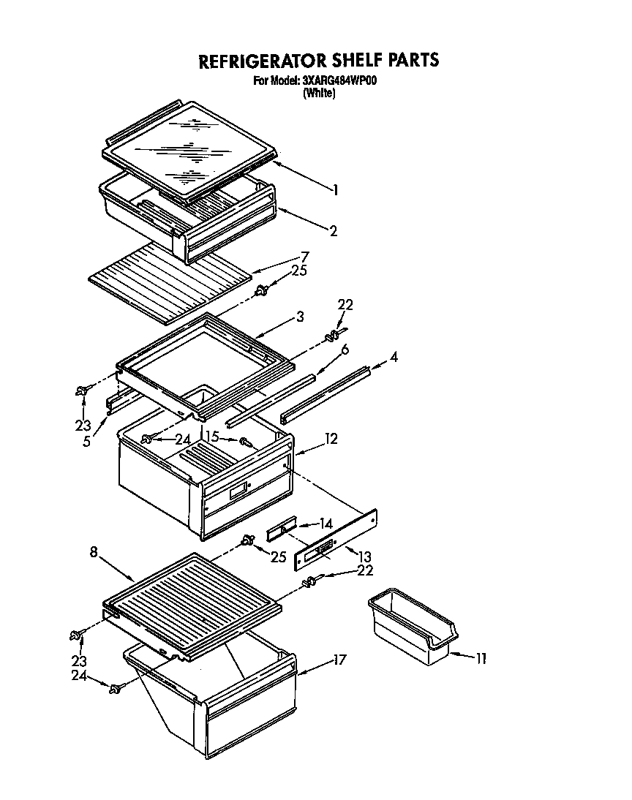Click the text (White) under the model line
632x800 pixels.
[x=319, y=93]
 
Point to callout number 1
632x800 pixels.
[x=335, y=190]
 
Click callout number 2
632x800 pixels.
[x=334, y=231]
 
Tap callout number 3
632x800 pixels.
[x=301, y=316]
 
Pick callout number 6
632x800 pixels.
[x=344, y=350]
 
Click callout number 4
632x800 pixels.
[x=394, y=358]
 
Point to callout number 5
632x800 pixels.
[x=86, y=442]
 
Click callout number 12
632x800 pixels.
[x=331, y=439]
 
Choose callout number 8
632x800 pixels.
[x=94, y=553]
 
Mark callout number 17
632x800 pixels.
[x=339, y=660]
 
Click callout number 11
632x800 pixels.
[x=481, y=659]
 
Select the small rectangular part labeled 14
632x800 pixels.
[x=281, y=528]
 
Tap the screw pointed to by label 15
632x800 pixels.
[x=247, y=442]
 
